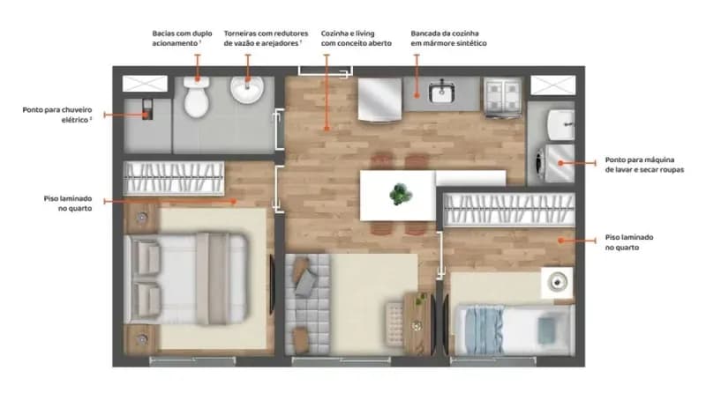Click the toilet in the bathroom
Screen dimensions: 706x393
[x=196, y=97]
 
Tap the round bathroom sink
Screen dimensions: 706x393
[x=247, y=90]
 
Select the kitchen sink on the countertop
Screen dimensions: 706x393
[x=441, y=93]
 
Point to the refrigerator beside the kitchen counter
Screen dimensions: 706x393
[x=379, y=100]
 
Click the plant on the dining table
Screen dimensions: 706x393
[x=401, y=195]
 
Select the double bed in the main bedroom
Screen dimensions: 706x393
[x=186, y=278]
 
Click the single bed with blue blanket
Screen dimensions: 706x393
[x=514, y=330]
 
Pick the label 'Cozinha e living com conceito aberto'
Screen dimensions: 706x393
[x=357, y=38]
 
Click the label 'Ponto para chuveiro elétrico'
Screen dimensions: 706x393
[x=57, y=115]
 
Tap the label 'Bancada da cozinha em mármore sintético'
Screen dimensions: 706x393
[x=448, y=38]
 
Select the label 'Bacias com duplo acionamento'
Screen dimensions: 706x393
[x=182, y=38]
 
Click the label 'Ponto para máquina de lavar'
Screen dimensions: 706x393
[x=644, y=165]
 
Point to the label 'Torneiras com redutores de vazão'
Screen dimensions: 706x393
[x=266, y=38]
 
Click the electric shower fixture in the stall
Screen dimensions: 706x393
[x=147, y=109]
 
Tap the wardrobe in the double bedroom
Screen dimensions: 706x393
[x=174, y=179]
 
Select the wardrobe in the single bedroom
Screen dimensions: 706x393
[x=509, y=210]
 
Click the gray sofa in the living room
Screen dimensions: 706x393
[x=307, y=304]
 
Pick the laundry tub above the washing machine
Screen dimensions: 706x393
[x=560, y=124]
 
